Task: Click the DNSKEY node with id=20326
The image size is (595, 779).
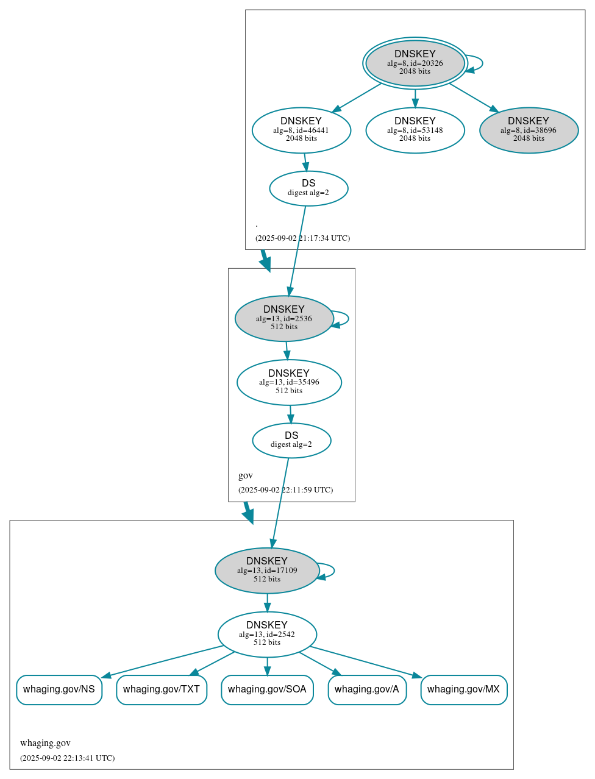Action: point(415,63)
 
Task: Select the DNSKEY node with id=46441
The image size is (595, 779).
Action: point(301,130)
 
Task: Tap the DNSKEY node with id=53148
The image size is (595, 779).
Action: point(415,130)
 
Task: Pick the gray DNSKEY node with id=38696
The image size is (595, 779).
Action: point(529,130)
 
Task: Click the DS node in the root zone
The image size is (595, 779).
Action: point(308,188)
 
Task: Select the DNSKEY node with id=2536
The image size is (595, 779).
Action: point(284,318)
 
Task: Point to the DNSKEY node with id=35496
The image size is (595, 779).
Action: point(289,382)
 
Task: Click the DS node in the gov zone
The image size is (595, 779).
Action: point(291,440)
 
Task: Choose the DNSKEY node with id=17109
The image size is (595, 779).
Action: point(267,571)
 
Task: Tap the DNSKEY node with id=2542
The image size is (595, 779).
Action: point(267,634)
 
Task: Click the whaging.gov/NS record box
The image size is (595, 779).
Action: point(59,689)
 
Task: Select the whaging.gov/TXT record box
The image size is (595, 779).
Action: point(162,689)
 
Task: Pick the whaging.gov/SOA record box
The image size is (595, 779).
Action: point(267,689)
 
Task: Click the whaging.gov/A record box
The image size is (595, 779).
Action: point(367,689)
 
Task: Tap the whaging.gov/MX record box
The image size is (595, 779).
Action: point(463,689)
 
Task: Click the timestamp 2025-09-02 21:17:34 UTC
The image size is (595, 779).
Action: point(302,238)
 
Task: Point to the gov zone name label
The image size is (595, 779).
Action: point(245,475)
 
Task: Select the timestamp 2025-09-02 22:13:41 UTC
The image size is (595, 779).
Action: point(67,758)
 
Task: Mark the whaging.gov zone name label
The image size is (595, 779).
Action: point(45,743)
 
